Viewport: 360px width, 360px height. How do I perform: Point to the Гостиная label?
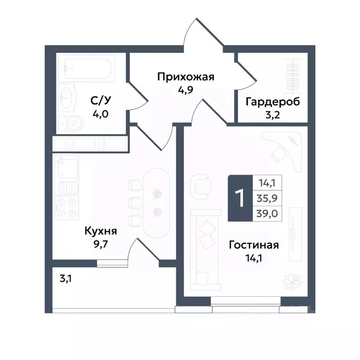coord(254,245)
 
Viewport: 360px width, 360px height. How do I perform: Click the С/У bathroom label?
coord(101,100)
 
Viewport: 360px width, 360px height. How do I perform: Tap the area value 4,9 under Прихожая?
coord(186,90)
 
